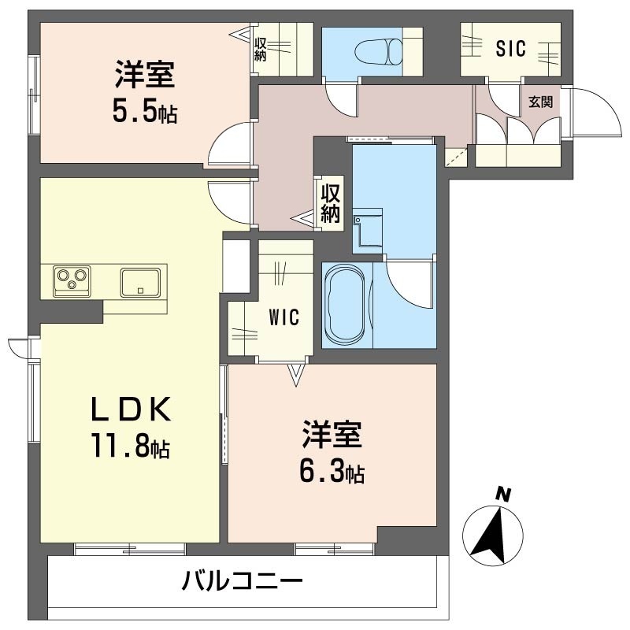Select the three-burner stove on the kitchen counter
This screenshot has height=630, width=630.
72,280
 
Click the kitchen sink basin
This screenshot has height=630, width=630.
141,280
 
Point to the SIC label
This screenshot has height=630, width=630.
510,48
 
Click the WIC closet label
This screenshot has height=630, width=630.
283,318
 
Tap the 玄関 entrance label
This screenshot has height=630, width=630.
540,102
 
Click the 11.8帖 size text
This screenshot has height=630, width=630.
129,448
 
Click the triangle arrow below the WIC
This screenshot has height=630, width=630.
296,375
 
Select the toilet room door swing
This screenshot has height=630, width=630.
342,98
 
